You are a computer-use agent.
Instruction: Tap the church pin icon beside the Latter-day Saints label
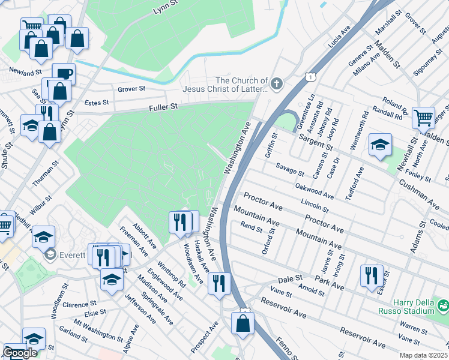pos(277,84)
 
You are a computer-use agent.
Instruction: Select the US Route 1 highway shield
pos(309,77)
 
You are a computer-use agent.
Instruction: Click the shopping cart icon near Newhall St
pos(423,117)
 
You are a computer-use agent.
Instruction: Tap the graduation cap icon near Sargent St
pos(380,145)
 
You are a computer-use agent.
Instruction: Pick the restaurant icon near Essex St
pos(371,275)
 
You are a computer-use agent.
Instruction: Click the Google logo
pos(20,353)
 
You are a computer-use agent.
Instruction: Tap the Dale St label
pos(289,280)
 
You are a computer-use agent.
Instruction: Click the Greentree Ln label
pos(310,107)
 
